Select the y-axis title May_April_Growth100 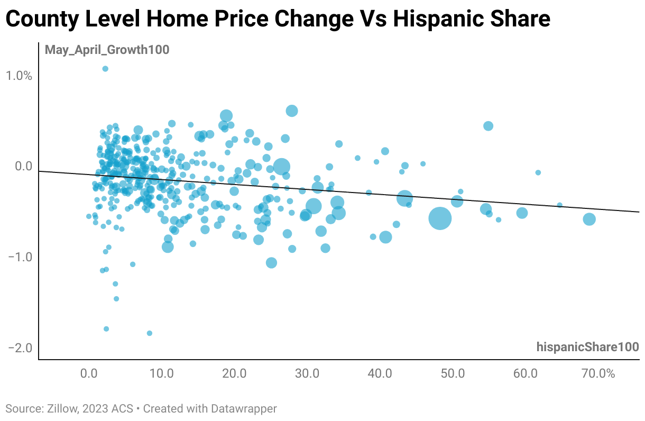point(107,50)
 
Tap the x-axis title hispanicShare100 point(587,347)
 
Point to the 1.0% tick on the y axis point(20,76)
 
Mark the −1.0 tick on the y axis point(20,258)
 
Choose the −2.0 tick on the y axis point(20,349)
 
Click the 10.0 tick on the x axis point(161,373)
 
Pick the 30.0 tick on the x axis point(307,373)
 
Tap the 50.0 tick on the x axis point(453,373)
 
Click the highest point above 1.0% point(105,69)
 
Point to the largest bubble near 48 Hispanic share point(440,218)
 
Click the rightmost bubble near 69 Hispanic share point(589,219)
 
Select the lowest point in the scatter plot point(150,333)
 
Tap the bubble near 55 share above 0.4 point(488,126)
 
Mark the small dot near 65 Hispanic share point(559,205)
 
